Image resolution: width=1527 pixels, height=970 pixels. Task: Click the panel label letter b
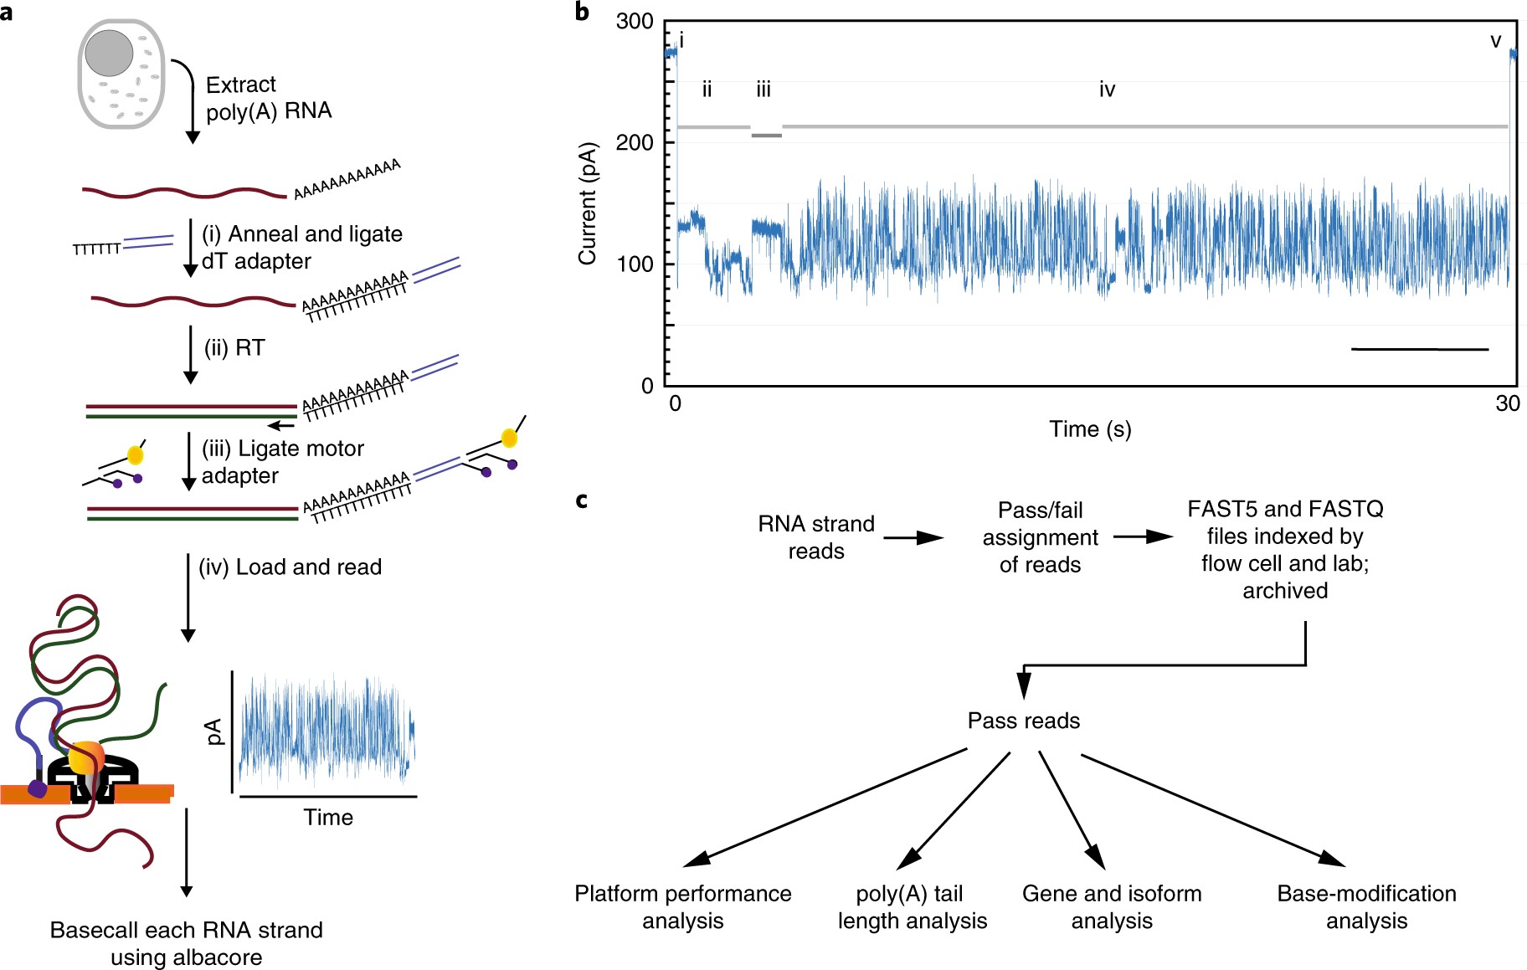tap(582, 13)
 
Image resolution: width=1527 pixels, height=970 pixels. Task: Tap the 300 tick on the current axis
tap(635, 22)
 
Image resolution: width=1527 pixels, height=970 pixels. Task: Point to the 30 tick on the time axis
tap(1508, 404)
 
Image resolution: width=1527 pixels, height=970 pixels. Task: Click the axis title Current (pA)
tap(588, 203)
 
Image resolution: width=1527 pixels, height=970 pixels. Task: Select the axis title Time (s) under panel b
tap(1090, 429)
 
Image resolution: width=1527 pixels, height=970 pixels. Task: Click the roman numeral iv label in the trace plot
tap(1107, 90)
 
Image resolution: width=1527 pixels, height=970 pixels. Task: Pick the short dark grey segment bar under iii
tap(766, 135)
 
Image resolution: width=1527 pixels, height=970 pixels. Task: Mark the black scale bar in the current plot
tap(1420, 349)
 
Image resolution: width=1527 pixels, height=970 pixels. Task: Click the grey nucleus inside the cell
tap(109, 53)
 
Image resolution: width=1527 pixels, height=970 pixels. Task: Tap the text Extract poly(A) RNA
tap(268, 98)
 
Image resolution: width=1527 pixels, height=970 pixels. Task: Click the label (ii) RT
tap(234, 348)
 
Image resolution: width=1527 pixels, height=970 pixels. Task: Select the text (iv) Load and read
tap(290, 567)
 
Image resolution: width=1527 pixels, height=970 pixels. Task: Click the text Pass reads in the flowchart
tap(1023, 721)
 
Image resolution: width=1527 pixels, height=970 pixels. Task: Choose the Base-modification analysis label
tap(1366, 907)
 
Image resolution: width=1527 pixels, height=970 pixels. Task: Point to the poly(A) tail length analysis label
tap(912, 907)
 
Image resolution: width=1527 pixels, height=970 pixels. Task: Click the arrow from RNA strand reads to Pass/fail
tap(913, 537)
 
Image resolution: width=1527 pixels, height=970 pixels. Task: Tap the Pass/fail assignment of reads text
tap(1040, 537)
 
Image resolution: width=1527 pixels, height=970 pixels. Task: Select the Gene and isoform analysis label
tap(1112, 907)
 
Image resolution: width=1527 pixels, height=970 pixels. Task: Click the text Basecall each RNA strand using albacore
tap(186, 943)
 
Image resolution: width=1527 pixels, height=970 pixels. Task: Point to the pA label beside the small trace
tap(215, 731)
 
